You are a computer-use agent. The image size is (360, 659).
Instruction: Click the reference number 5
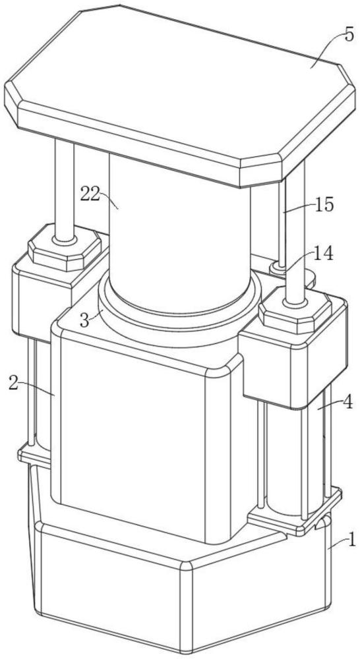pos(349,36)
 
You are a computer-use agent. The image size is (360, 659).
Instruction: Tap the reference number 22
pos(90,194)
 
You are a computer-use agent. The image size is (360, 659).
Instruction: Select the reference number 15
pos(324,205)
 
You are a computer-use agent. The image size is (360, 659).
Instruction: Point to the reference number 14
pos(324,254)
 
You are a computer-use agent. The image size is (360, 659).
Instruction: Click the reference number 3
pos(84,321)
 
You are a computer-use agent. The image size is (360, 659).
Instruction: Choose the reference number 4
pos(347,402)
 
